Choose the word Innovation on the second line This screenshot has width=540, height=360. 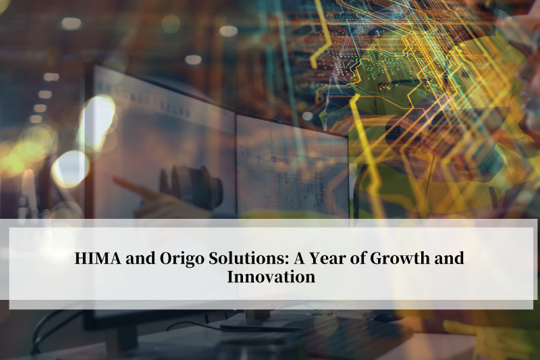[x=271, y=276]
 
